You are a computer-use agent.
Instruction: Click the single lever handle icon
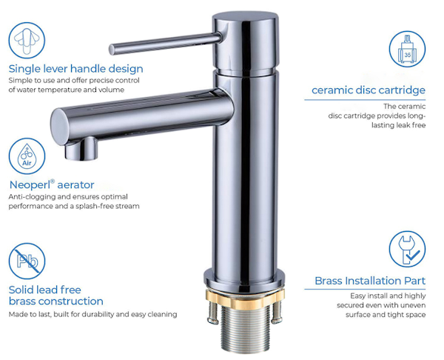point(27,40)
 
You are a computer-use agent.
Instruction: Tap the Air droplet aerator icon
point(27,156)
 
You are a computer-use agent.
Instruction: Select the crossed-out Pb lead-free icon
point(27,261)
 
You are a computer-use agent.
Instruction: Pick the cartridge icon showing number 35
point(407,49)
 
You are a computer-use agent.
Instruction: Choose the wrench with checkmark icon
point(407,249)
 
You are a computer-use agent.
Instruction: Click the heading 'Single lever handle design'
point(76,69)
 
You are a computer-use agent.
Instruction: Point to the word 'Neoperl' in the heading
point(30,185)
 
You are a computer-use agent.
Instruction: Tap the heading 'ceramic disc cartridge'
point(369,90)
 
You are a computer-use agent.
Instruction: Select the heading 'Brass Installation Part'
point(370,281)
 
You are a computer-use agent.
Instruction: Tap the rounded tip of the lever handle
point(112,50)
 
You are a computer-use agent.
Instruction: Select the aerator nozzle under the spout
point(81,149)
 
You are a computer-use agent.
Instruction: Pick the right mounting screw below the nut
point(277,312)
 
